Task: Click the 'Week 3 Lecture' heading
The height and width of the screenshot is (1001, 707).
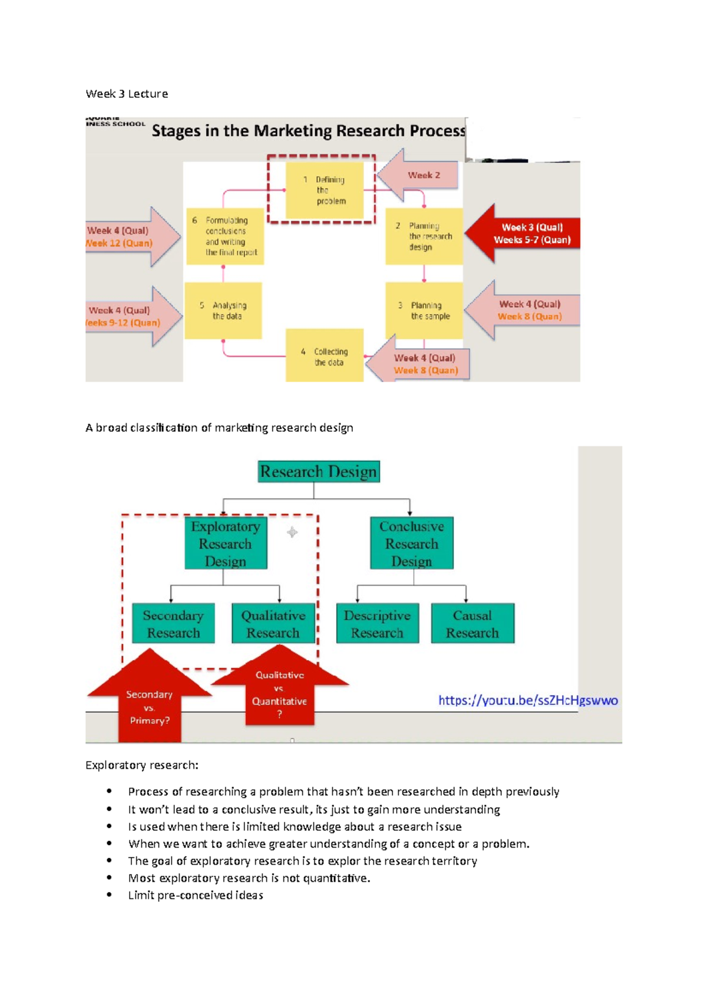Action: coord(127,94)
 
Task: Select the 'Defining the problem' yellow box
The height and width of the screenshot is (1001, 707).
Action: coord(324,190)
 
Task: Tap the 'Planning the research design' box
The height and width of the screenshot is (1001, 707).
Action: coord(424,236)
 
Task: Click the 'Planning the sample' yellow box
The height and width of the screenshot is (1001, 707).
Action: coord(424,311)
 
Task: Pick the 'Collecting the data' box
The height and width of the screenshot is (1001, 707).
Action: coord(324,356)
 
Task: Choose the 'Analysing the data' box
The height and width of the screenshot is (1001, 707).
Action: coord(223,311)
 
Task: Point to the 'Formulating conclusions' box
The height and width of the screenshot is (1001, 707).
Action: coord(225,236)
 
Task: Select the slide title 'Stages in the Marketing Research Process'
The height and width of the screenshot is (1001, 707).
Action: coord(308,131)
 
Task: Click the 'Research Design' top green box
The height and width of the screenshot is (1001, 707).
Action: coord(318,472)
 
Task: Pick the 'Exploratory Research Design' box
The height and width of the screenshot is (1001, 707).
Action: coord(226,543)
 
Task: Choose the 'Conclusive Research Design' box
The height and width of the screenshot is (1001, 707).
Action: coord(411,543)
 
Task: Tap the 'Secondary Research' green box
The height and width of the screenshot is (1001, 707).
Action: coord(173,624)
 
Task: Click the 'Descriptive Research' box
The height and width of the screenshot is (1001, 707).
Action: coord(377,624)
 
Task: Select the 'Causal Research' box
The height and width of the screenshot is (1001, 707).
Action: coord(472,624)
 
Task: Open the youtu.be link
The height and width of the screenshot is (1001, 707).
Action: coord(528,700)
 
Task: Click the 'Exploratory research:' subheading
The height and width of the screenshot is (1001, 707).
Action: coord(142,765)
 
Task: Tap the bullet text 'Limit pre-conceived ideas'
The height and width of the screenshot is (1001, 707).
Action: coord(196,895)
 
